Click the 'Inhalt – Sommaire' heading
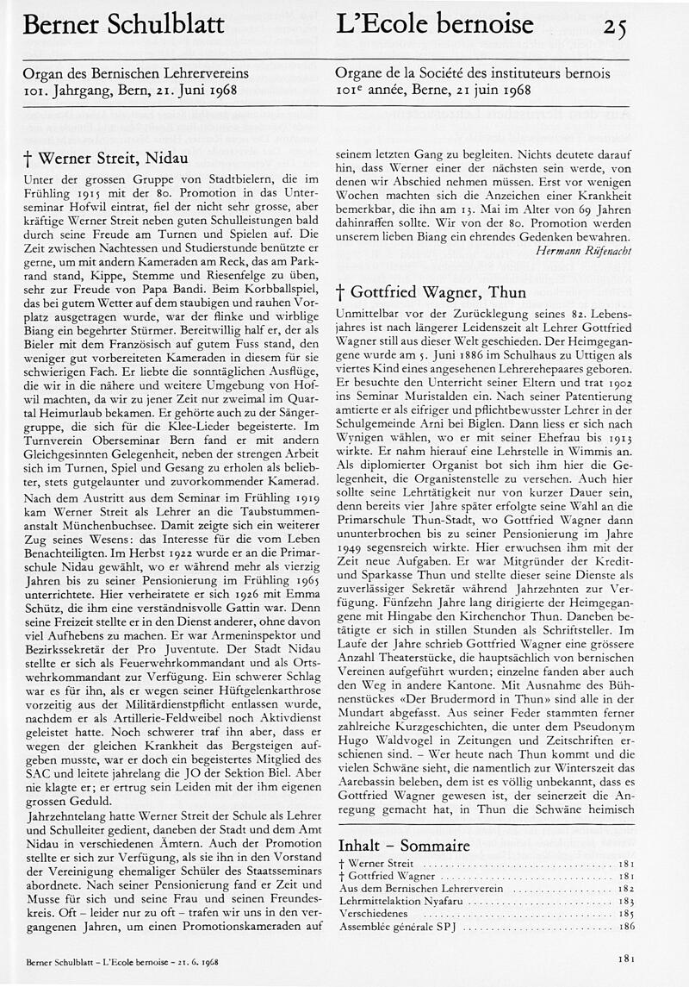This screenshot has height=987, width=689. [x=404, y=845]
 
